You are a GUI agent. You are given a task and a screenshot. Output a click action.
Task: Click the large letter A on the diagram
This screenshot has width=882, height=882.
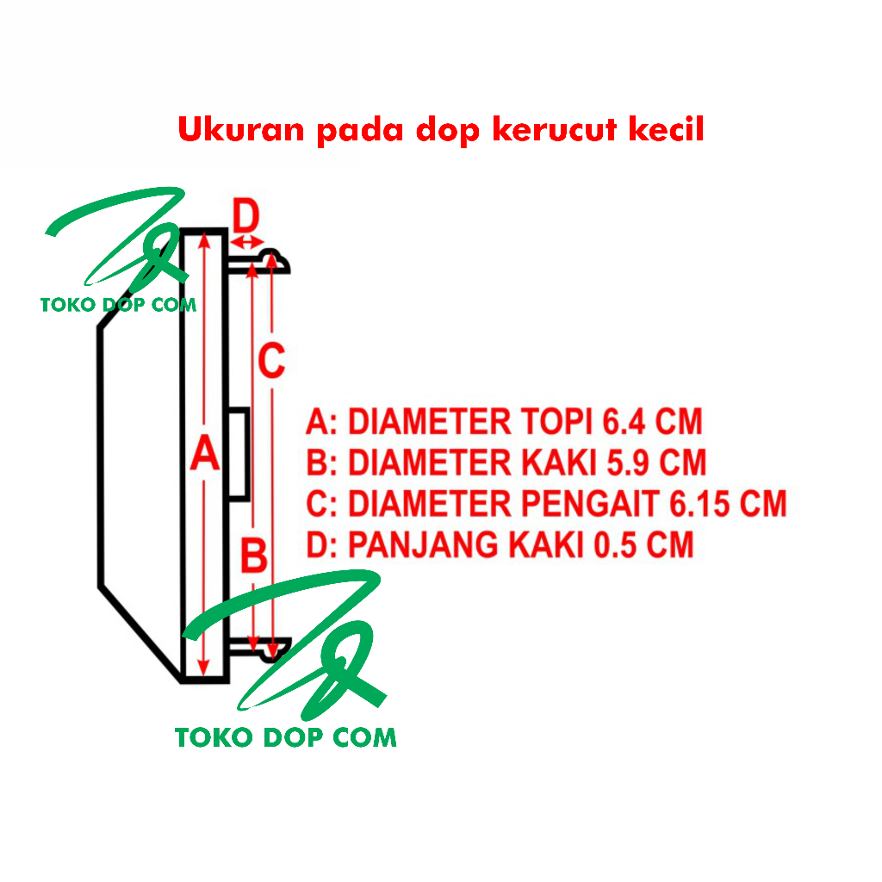(204, 454)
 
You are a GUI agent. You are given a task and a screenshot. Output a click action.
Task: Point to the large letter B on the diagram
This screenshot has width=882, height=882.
(252, 556)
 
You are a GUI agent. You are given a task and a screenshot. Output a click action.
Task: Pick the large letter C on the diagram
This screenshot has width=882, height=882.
(271, 362)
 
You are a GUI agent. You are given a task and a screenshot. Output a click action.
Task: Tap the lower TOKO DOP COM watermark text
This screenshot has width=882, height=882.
(285, 737)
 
